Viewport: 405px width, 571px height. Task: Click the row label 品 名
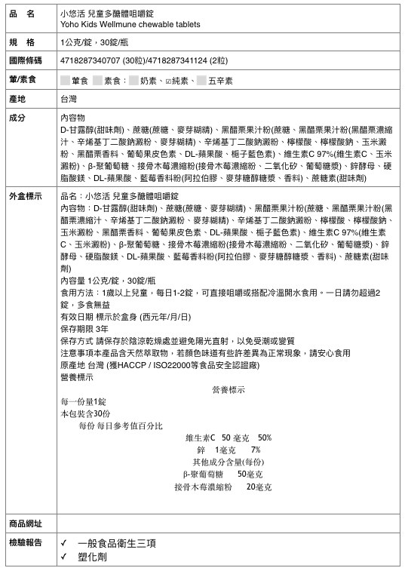point(23,14)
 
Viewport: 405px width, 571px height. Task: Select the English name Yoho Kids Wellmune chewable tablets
point(130,24)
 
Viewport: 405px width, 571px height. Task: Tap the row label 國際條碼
point(25,60)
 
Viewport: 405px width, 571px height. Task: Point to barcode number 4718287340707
point(88,60)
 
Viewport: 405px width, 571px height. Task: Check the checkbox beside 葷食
point(65,79)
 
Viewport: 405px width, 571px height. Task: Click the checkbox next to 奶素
point(133,79)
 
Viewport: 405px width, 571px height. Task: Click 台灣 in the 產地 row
point(69,99)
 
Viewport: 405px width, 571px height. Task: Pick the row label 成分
point(17,118)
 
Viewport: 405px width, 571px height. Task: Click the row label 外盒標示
point(25,195)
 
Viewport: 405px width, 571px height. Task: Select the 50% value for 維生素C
point(264,437)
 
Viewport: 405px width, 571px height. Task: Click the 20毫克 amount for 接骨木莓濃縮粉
point(259,487)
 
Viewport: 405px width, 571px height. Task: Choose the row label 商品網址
point(25,523)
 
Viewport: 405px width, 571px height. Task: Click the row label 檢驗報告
point(25,542)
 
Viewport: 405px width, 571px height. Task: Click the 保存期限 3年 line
point(84,308)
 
